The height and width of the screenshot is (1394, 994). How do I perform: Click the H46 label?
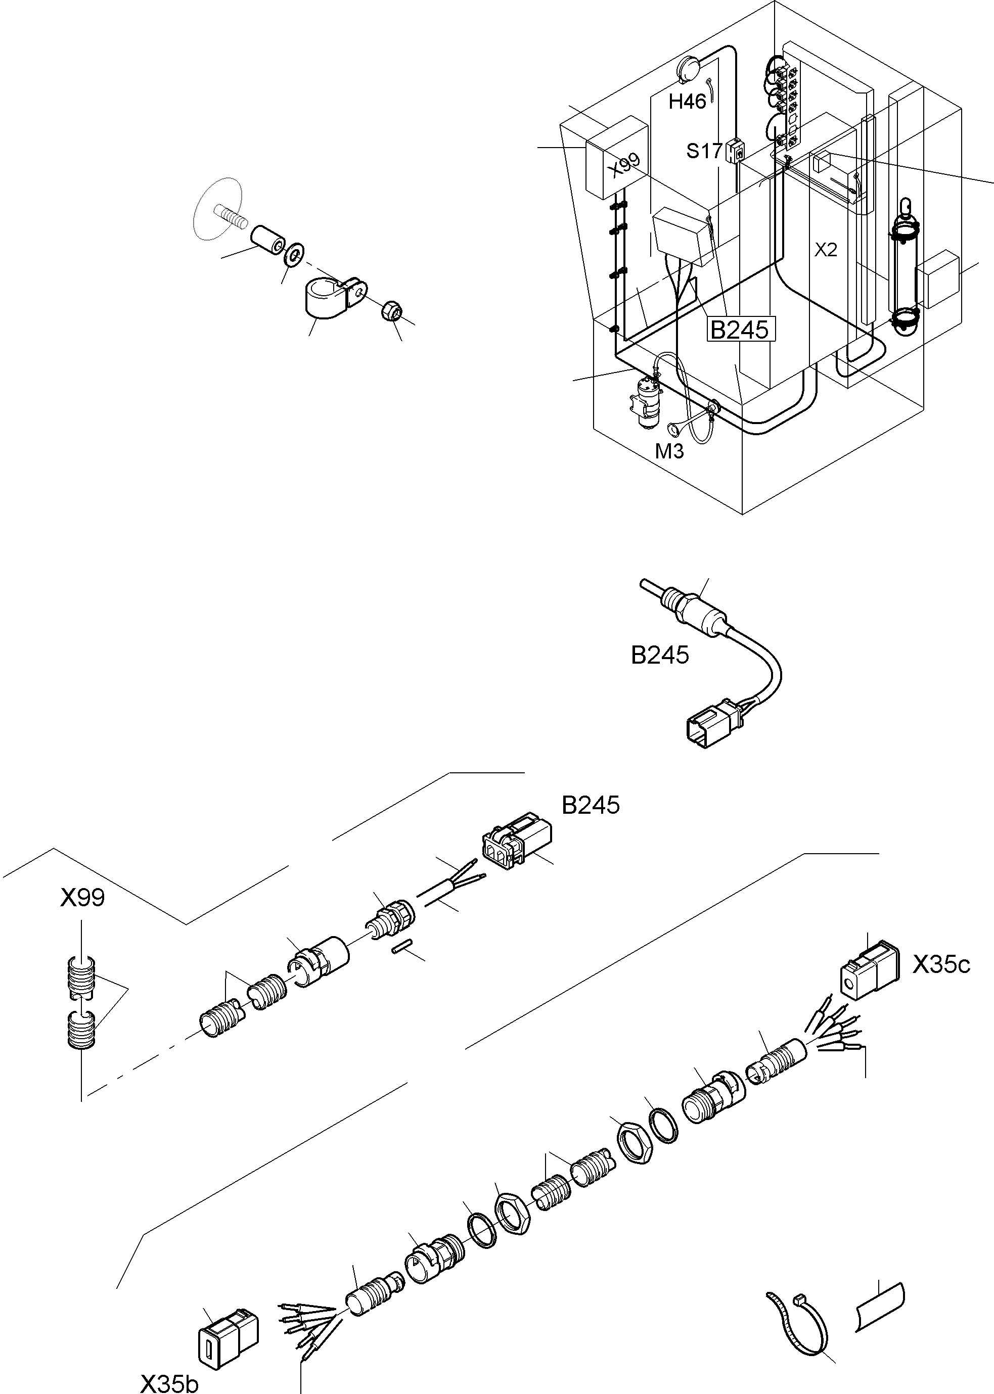[x=687, y=102]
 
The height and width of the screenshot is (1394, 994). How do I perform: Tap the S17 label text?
[x=704, y=151]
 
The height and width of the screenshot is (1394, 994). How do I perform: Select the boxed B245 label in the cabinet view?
[x=739, y=329]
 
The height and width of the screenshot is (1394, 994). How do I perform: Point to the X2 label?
[x=826, y=250]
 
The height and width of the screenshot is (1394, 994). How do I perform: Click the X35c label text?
[x=941, y=965]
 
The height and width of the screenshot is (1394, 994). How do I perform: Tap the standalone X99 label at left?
[x=82, y=898]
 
